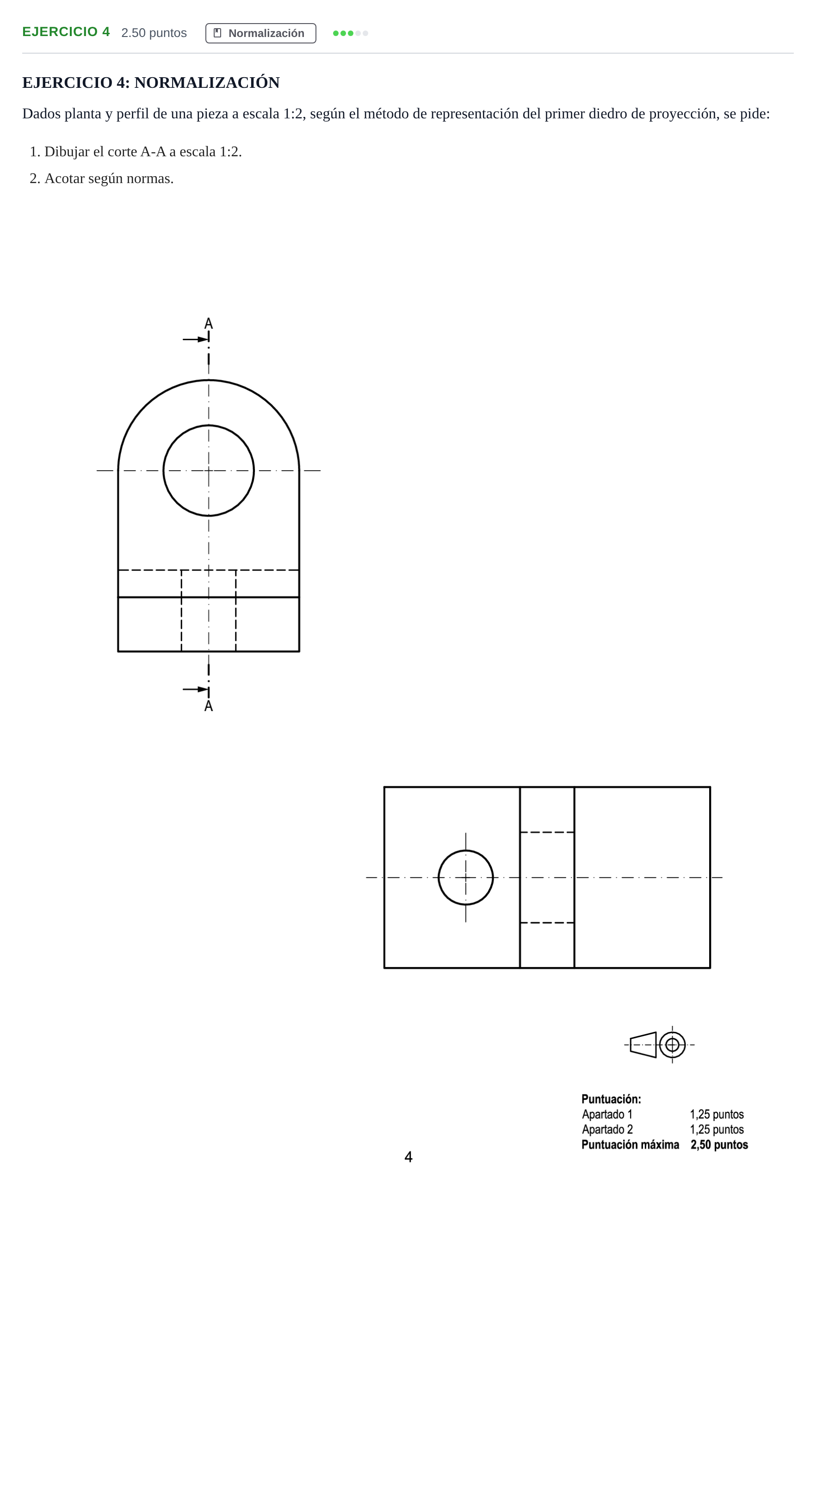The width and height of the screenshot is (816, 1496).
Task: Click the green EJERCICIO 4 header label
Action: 66,32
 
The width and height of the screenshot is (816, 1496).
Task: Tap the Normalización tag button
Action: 260,33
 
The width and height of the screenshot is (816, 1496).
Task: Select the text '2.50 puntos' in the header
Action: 154,33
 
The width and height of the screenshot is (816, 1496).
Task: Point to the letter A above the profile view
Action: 209,324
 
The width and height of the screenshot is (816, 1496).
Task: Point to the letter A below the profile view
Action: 209,706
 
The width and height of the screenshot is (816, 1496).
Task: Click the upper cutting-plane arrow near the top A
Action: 196,339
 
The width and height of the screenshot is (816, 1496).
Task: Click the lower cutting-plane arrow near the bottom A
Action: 196,689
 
